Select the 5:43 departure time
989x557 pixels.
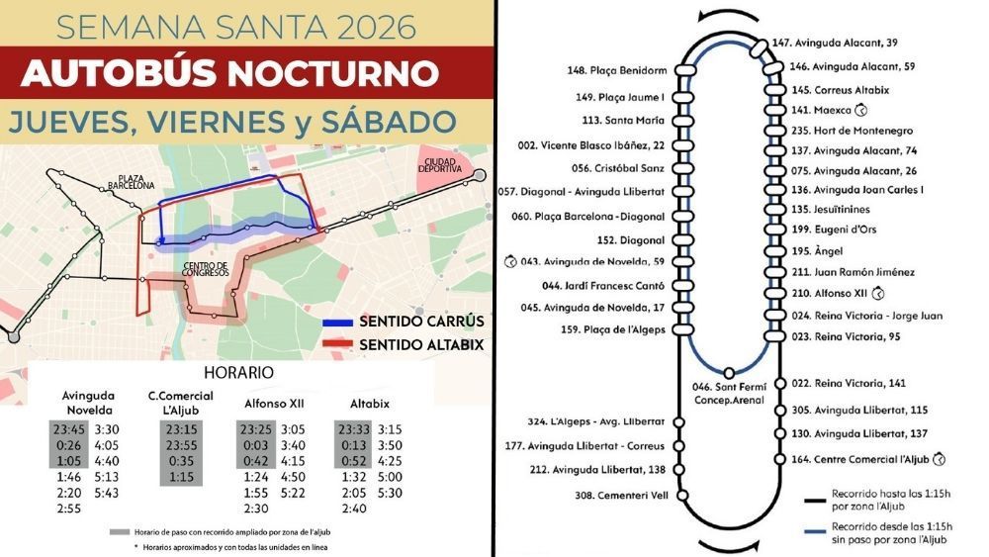click(107, 493)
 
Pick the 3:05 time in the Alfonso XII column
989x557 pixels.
click(293, 429)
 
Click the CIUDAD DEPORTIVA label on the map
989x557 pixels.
click(443, 164)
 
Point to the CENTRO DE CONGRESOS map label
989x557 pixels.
click(206, 270)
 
